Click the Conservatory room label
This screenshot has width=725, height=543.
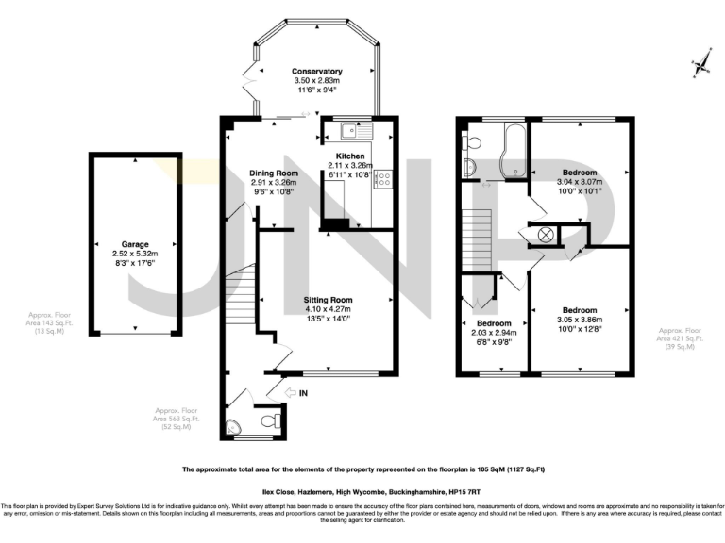coord(316,72)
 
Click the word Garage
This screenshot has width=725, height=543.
coord(136,243)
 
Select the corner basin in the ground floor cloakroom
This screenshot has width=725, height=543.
coord(234,426)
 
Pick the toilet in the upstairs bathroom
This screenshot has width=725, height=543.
coord(473,143)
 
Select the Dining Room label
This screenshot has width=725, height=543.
coord(274,173)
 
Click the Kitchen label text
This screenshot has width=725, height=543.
coord(337,156)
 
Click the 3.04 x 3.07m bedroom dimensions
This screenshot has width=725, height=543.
coord(580,183)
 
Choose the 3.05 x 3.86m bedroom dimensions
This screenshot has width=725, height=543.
coord(580,321)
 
